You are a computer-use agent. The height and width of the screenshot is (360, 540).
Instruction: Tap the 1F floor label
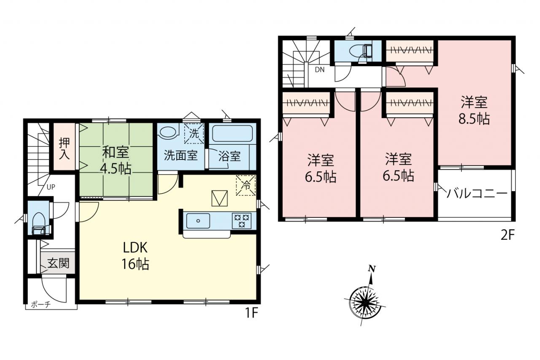[x=252, y=313]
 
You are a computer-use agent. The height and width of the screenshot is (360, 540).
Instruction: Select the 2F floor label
[x=508, y=235]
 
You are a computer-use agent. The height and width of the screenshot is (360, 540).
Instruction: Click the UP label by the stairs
[x=51, y=187]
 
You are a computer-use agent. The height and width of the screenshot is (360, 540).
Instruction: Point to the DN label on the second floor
[x=320, y=70]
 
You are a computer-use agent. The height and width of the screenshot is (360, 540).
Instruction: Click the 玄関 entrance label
[x=58, y=263]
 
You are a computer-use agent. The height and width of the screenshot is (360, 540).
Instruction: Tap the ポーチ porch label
[x=41, y=305]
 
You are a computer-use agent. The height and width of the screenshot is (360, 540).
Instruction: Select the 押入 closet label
[x=65, y=148]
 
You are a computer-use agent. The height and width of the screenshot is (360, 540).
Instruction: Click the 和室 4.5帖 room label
[x=116, y=161]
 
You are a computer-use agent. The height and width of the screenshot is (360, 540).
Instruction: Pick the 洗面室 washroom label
[x=181, y=155]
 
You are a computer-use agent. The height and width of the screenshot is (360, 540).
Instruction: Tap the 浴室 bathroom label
[x=229, y=156]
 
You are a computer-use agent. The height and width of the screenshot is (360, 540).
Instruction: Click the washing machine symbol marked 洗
[x=194, y=133]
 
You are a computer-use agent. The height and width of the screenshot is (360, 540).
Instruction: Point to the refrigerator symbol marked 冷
[x=246, y=185]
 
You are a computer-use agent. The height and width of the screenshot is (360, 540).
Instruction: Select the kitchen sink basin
[x=198, y=221]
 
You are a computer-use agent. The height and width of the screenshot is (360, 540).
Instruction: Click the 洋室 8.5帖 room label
[x=474, y=110]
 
